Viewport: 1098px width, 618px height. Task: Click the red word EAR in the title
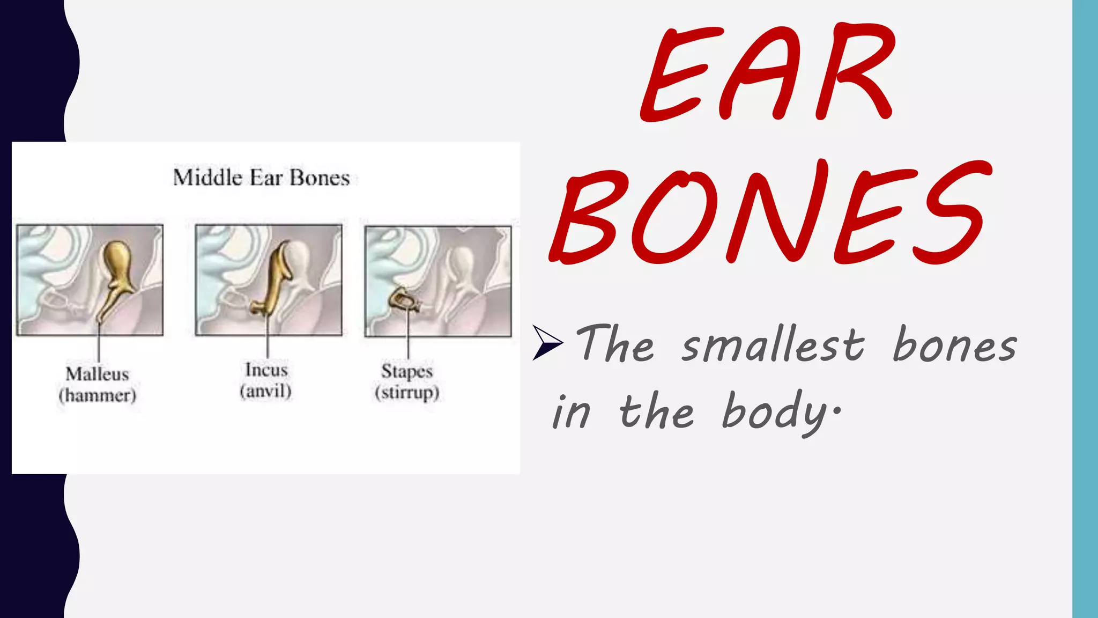tap(767, 72)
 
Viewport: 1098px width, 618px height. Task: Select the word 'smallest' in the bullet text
tap(773, 344)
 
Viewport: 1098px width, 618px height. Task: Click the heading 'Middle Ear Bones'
tap(261, 178)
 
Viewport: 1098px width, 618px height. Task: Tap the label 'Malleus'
tap(97, 374)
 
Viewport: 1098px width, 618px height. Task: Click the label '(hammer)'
tap(97, 395)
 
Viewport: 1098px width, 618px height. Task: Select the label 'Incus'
tap(266, 370)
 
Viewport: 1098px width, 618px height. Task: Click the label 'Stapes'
tap(407, 371)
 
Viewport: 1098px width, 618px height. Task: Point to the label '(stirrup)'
tap(407, 392)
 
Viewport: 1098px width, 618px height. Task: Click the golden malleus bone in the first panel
tap(117, 268)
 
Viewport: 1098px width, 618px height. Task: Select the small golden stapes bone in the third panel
tap(401, 300)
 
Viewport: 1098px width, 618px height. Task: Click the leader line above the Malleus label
tap(99, 346)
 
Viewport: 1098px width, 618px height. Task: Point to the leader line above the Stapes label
tap(408, 338)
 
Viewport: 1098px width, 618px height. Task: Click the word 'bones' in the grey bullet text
tap(954, 344)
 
